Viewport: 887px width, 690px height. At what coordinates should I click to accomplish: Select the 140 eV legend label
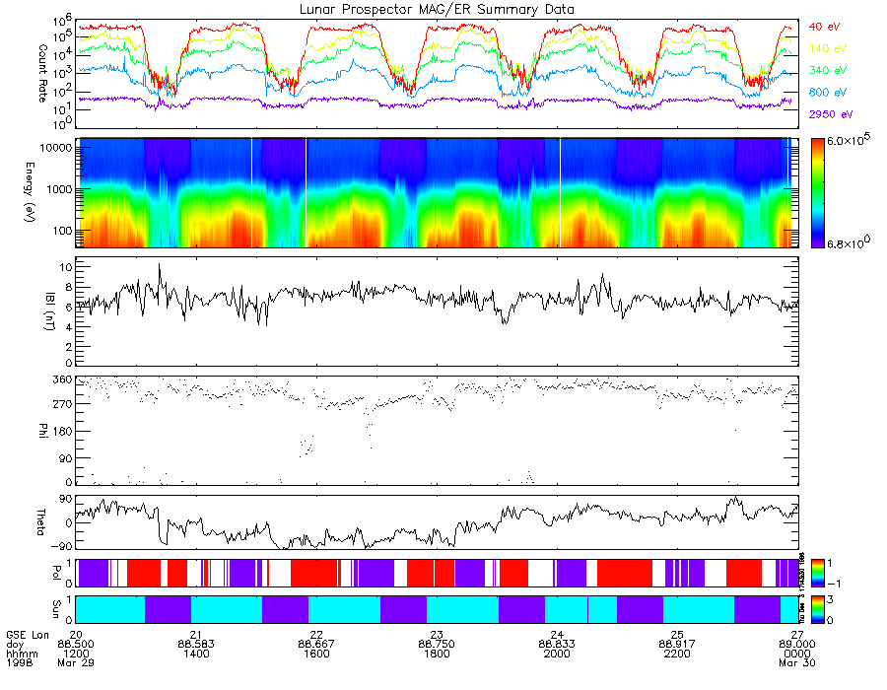[x=825, y=48]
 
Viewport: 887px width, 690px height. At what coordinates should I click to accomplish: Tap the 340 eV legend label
[x=825, y=70]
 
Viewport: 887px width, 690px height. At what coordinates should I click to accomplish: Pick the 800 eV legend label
[x=825, y=93]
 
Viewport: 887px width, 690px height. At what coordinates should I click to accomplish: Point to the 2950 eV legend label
[x=828, y=114]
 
